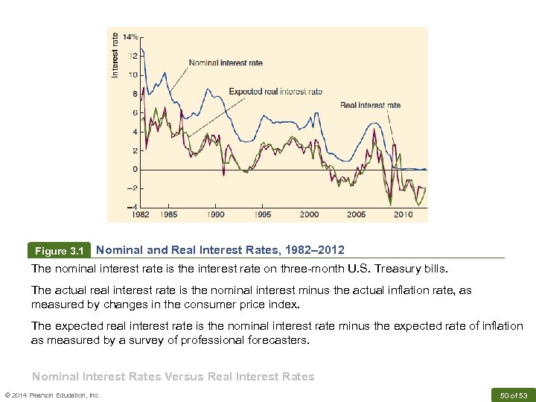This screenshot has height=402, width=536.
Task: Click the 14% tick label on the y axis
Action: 131,36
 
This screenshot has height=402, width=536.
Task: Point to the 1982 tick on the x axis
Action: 140,214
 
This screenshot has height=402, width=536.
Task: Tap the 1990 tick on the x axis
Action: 216,214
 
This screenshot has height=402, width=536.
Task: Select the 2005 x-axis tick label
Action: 356,214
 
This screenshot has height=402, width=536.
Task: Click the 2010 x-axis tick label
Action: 403,214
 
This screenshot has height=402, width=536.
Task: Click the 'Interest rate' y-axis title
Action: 115,54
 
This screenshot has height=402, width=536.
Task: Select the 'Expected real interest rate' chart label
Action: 275,92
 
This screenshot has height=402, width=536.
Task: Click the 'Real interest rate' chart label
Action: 370,105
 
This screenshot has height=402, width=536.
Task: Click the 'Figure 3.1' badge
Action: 59,251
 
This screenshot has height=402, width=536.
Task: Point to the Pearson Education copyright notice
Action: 52,395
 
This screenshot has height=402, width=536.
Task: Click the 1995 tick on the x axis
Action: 263,214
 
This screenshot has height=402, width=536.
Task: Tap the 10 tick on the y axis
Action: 133,74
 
